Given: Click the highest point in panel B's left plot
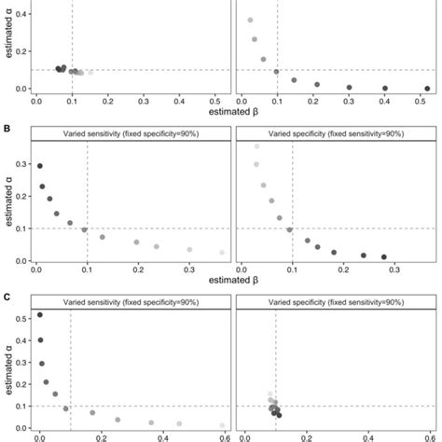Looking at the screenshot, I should [39, 166].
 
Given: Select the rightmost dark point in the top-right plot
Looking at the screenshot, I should [427, 89].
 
